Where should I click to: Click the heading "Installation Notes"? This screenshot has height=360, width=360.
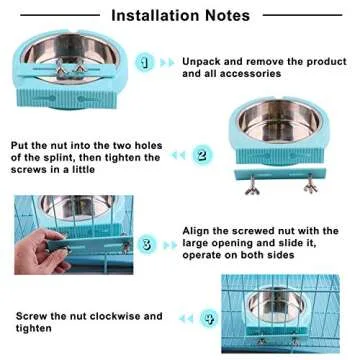(181, 15)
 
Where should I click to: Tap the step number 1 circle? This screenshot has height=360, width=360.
(146, 62)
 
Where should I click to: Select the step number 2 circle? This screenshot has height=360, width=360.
(202, 156)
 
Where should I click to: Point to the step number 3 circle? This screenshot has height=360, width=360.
(146, 243)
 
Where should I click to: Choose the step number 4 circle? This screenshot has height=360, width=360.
(208, 320)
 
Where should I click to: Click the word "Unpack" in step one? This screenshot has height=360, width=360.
(202, 61)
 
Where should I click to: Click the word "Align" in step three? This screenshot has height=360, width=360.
(197, 231)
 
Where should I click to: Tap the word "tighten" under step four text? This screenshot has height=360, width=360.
(34, 328)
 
